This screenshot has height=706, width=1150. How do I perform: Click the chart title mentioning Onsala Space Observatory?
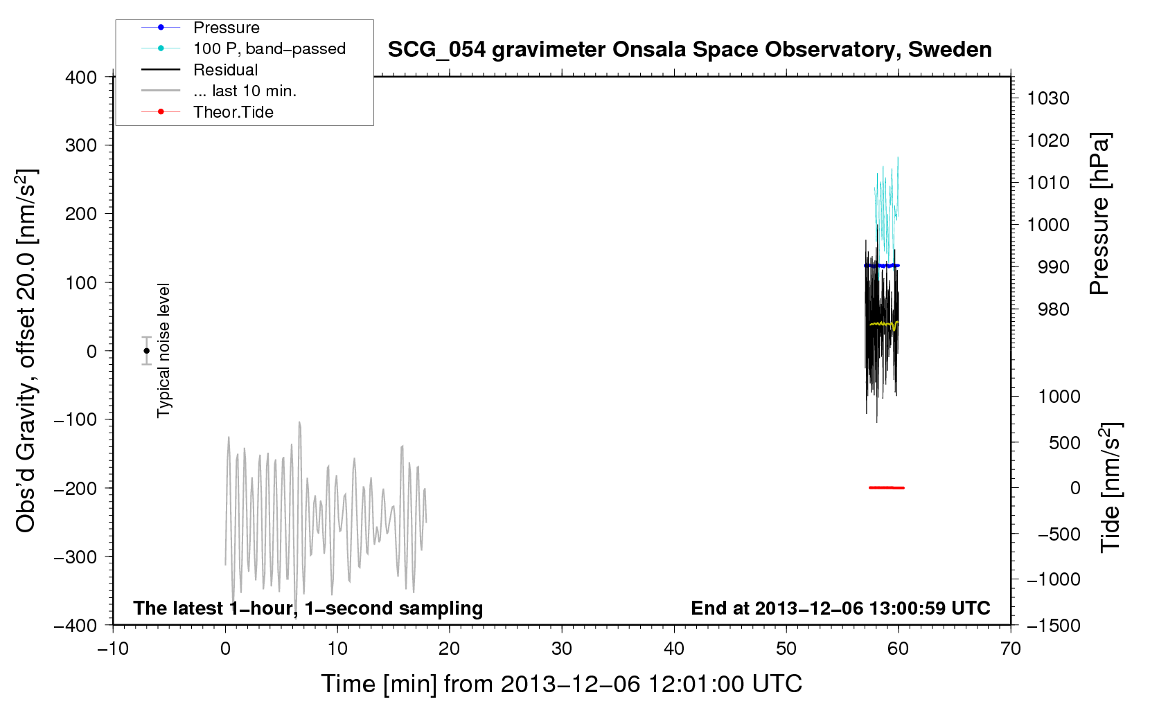click(x=689, y=50)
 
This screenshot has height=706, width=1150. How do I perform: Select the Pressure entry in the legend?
click(x=227, y=27)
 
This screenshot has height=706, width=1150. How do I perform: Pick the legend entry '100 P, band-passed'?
click(x=269, y=48)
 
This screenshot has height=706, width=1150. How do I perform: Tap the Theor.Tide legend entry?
click(x=233, y=112)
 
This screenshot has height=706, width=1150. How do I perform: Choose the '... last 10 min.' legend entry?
click(x=245, y=91)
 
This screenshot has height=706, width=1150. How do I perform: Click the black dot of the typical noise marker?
click(x=146, y=351)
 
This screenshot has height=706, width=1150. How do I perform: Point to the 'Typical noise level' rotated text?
click(x=163, y=350)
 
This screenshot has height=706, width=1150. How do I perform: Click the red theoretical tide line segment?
click(x=887, y=487)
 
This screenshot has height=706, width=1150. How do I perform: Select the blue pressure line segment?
click(x=882, y=265)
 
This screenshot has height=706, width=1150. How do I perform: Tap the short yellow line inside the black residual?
click(x=884, y=324)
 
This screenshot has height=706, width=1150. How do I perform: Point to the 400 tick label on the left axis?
click(x=81, y=78)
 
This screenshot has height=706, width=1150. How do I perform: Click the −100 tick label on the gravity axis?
click(x=76, y=419)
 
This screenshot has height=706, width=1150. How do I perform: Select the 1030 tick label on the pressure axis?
click(x=1048, y=98)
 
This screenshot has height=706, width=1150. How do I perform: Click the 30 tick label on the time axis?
click(x=562, y=649)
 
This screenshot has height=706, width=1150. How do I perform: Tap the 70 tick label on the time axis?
click(x=1010, y=649)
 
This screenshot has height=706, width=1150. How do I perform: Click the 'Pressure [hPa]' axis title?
click(x=1099, y=214)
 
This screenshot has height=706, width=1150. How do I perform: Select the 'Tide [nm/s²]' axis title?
click(x=1111, y=487)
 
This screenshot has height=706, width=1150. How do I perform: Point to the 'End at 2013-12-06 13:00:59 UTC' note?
click(x=840, y=608)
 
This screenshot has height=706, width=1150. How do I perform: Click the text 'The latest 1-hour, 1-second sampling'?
click(x=308, y=608)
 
